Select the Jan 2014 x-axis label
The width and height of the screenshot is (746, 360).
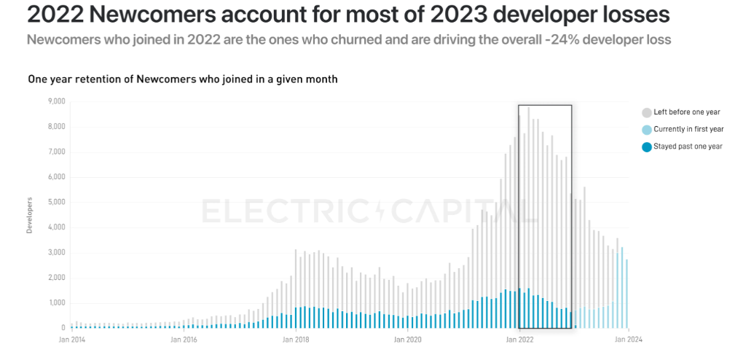(72, 339)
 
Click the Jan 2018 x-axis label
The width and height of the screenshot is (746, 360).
(296, 339)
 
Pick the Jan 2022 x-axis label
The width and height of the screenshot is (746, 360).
(519, 339)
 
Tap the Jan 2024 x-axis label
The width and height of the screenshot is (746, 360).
(630, 339)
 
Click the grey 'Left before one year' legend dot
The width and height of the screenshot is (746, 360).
(646, 112)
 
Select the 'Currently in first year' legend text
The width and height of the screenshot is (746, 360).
(688, 129)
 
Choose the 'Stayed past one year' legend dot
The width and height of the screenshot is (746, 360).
(646, 146)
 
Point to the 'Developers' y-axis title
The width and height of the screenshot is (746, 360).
(30, 215)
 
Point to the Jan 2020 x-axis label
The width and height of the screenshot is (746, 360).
(407, 339)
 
